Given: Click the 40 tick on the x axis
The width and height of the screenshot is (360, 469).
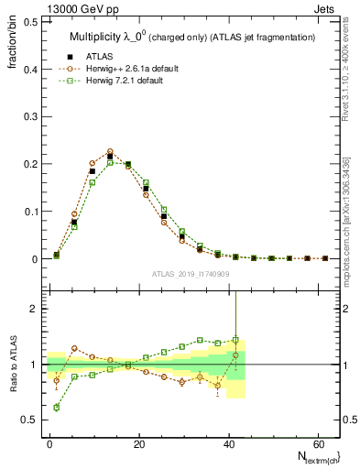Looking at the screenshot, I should [x=227, y=443].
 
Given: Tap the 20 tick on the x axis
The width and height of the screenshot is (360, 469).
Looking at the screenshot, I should [x=138, y=443].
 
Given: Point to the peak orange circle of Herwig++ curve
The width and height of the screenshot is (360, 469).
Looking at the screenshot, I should [x=110, y=152].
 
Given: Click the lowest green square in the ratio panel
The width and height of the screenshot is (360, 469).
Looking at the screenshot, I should [x=56, y=407].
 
